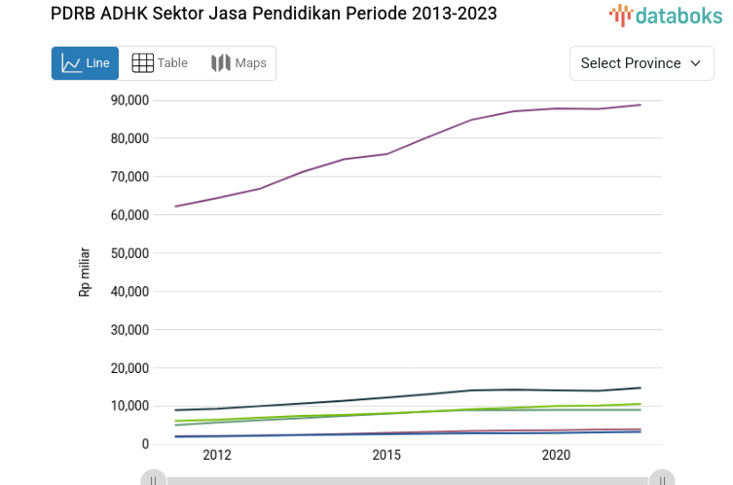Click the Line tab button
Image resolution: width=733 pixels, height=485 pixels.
(x=85, y=63)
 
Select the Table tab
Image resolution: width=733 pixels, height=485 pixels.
(x=160, y=63)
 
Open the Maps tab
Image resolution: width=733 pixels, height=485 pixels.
(x=238, y=63)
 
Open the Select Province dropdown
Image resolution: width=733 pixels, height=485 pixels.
(x=641, y=63)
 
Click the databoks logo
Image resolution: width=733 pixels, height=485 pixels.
(x=666, y=15)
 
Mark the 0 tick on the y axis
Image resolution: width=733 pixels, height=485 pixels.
(x=144, y=444)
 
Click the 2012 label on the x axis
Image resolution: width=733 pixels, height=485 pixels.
(x=217, y=456)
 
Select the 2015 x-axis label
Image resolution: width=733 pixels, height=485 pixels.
(x=386, y=456)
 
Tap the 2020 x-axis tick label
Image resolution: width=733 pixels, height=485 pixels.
(x=556, y=456)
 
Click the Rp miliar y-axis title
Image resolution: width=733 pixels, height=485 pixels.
(x=85, y=272)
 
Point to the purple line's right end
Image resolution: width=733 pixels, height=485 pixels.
(x=641, y=104)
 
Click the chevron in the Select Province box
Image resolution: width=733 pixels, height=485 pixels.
(x=695, y=63)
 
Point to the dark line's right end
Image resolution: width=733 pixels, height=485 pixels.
(x=641, y=388)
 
